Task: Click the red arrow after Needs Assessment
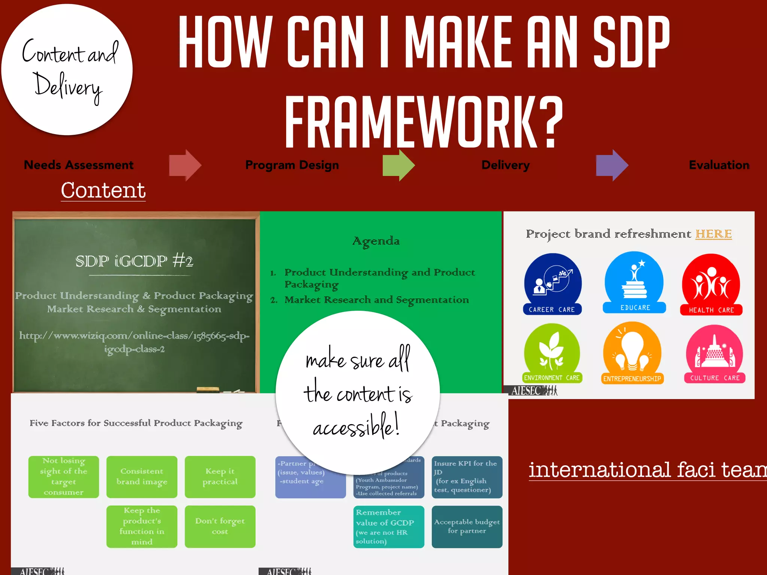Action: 185,165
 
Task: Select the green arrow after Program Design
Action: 398,165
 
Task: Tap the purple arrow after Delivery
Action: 612,165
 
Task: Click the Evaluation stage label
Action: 719,165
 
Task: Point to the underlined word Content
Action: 103,190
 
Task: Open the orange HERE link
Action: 713,234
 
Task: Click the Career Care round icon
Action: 552,284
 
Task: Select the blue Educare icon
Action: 634,282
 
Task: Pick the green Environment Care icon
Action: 552,353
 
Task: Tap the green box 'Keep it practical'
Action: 220,477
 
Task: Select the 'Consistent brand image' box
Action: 142,477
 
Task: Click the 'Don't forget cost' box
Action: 220,526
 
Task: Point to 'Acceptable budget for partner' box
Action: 467,526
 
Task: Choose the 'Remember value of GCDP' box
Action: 388,526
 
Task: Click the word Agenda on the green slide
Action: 376,241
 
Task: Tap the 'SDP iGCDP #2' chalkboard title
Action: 134,261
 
